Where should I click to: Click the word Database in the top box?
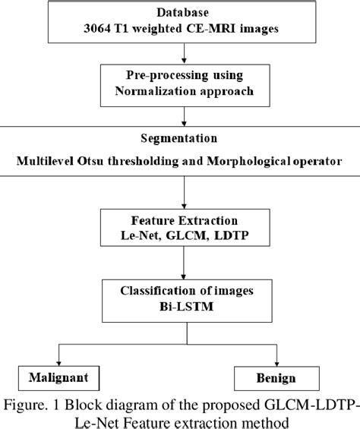tap(179, 13)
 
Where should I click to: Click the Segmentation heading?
tap(180, 140)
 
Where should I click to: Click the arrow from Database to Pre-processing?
tap(179, 53)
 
